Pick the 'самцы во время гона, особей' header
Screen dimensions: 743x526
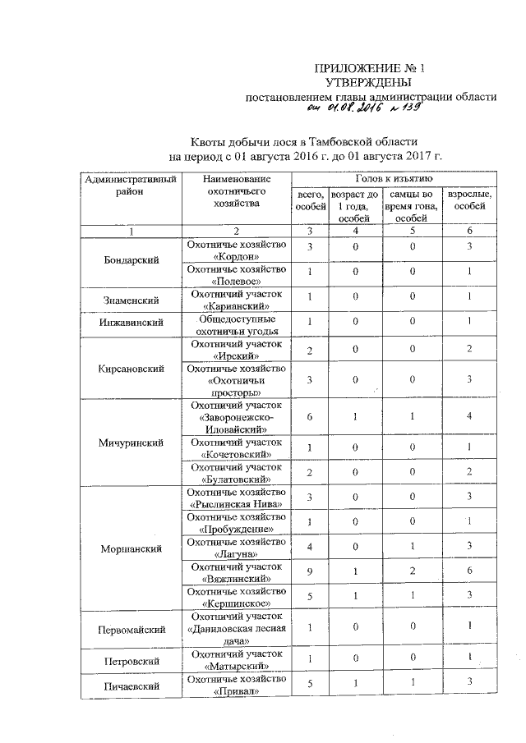point(410,205)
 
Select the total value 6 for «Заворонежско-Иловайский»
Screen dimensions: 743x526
point(310,417)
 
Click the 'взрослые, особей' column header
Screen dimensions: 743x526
point(468,199)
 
